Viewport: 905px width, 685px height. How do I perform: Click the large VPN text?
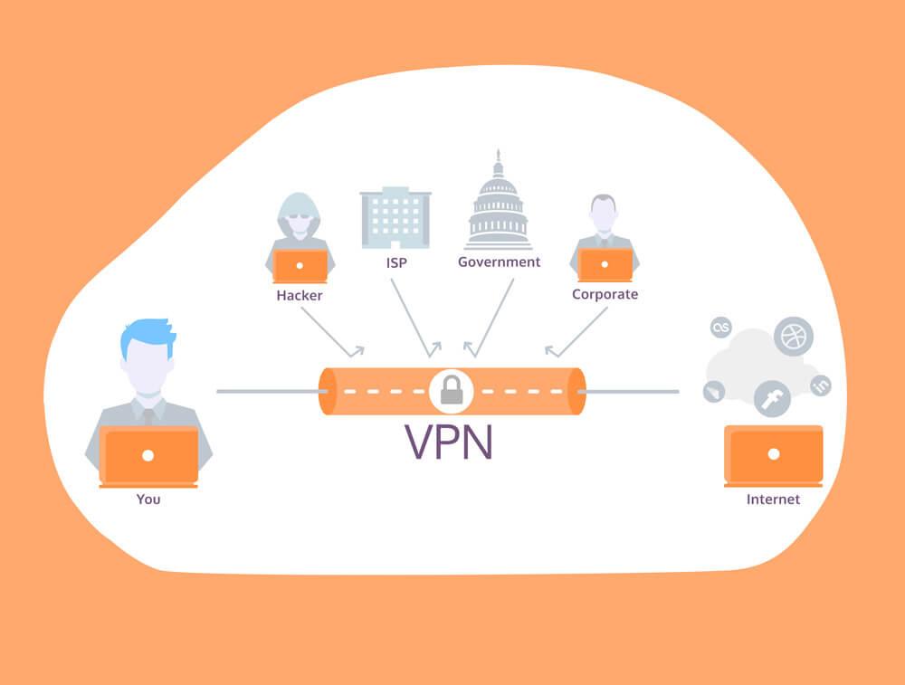point(449,441)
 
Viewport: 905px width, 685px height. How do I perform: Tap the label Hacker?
point(300,295)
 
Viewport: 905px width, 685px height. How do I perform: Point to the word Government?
point(499,262)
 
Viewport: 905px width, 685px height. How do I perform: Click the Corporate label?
point(605,294)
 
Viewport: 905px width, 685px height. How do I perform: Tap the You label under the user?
point(148,499)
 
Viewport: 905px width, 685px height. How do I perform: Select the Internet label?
point(773,499)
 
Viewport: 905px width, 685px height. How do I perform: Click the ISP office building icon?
point(395,217)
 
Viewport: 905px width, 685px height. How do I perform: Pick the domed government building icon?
point(498,204)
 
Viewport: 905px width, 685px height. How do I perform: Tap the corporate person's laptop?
point(605,265)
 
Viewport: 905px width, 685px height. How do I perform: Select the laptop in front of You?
point(148,455)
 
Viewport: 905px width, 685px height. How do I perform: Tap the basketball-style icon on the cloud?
point(793,337)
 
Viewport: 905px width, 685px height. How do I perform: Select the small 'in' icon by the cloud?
point(821,385)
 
